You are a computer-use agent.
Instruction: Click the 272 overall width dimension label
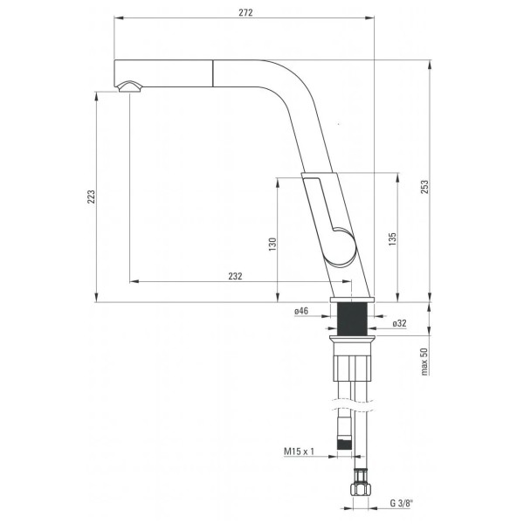[245, 12]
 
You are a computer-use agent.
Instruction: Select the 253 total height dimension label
[424, 187]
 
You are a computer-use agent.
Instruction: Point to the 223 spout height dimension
[91, 196]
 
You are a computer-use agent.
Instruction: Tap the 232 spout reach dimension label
[235, 276]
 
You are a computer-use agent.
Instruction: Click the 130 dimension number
[272, 245]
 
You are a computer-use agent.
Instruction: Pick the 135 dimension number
[393, 239]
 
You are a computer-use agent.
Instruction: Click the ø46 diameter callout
[301, 311]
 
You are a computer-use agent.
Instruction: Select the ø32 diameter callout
[399, 323]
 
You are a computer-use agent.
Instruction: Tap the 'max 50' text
[424, 362]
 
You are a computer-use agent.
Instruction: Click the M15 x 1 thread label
[299, 452]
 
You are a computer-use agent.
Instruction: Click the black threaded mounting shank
[352, 319]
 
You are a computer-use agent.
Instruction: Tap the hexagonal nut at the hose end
[359, 490]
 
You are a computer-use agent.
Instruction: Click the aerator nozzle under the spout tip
[129, 86]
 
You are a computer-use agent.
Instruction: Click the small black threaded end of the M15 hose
[345, 445]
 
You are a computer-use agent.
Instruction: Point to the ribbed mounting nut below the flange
[352, 368]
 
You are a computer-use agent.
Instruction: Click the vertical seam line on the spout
[212, 73]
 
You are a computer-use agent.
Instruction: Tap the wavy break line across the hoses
[352, 404]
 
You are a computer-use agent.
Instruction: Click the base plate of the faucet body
[352, 300]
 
